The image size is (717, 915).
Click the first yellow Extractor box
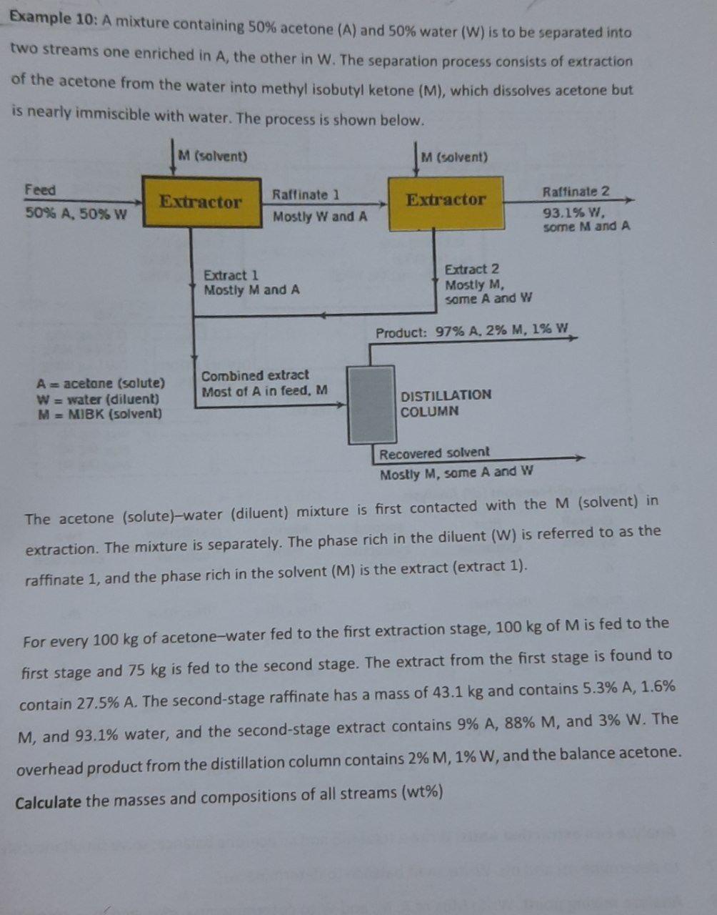coord(201,202)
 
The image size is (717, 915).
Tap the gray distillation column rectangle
coord(371,405)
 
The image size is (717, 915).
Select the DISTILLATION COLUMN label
coord(446,403)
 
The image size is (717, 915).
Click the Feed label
coord(40,190)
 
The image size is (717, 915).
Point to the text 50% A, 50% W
coord(76,214)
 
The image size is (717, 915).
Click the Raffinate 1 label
coord(306,194)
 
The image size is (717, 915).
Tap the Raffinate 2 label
coord(576,192)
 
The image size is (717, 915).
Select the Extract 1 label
coord(231,275)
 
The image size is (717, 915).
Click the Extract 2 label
coord(472,269)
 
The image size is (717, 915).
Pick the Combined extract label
coord(255,375)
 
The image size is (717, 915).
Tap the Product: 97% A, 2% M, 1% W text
coord(472,331)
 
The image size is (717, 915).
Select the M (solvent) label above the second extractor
coord(454,157)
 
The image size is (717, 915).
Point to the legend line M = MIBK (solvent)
coord(99,414)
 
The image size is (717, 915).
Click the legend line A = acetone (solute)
coord(101,383)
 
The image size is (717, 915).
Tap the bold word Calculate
coord(49,802)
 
